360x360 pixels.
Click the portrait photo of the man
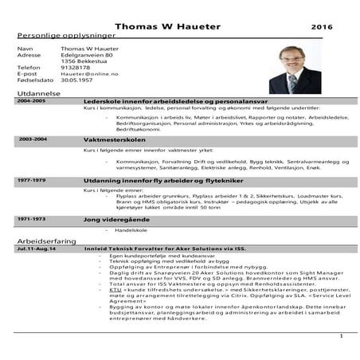pyautogui.click(x=295, y=69)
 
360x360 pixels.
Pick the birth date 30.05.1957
pyautogui.click(x=76, y=80)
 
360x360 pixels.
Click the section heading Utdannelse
pyautogui.click(x=37, y=94)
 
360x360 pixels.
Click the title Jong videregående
pyautogui.click(x=117, y=218)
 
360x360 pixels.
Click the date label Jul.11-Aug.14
pyautogui.click(x=37, y=248)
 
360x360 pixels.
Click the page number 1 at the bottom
pyautogui.click(x=340, y=337)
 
